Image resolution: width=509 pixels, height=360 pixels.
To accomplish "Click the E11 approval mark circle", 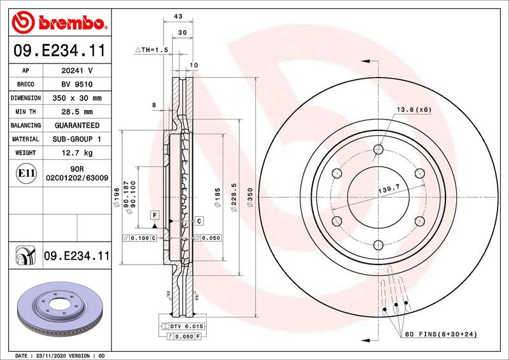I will click(x=26, y=173).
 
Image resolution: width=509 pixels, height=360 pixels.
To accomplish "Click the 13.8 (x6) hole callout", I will click(x=414, y=109).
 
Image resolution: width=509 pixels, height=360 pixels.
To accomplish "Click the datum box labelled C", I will click(x=199, y=221).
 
